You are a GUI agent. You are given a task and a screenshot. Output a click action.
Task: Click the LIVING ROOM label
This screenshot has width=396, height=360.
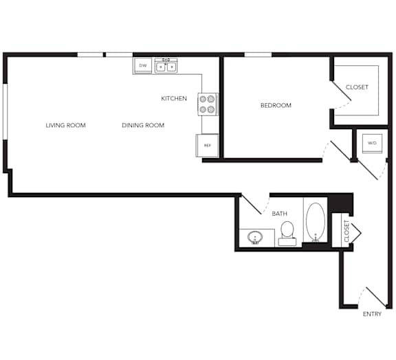point(66,125)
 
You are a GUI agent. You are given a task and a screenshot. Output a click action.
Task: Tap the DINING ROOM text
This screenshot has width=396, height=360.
point(143,125)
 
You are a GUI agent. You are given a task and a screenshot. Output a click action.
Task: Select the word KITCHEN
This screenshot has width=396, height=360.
point(174,98)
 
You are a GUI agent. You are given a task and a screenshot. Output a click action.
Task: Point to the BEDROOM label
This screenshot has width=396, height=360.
point(276,105)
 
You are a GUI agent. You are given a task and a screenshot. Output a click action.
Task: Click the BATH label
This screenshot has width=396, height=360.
point(280,214)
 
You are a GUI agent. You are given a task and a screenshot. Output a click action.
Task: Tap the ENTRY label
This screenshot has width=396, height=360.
point(372,314)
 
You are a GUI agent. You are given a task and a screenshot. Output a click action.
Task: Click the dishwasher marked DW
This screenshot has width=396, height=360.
point(143,66)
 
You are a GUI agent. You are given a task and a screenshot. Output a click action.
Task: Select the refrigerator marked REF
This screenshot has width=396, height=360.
point(207,146)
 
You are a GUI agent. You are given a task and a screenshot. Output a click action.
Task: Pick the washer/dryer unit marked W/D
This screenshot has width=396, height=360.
point(372,144)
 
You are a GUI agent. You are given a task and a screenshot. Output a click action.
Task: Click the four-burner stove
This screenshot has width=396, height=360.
point(208,104)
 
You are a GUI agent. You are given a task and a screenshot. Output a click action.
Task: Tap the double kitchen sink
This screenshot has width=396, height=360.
point(166,66)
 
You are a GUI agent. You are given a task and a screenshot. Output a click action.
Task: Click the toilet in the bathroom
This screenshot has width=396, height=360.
point(287,234)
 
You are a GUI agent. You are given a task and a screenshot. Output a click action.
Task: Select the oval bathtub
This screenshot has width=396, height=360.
point(316,222)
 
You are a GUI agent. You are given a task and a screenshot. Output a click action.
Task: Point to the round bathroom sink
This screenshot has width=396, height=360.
point(255,238)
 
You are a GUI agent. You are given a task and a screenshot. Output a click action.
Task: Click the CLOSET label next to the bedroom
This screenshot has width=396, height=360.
point(357,87)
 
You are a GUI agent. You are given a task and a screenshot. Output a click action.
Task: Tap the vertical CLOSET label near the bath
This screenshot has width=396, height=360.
point(346,231)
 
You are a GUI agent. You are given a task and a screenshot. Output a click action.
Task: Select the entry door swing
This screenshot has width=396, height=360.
point(372,297)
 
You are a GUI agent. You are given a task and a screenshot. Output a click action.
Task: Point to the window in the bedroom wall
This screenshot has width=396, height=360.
point(258,54)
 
